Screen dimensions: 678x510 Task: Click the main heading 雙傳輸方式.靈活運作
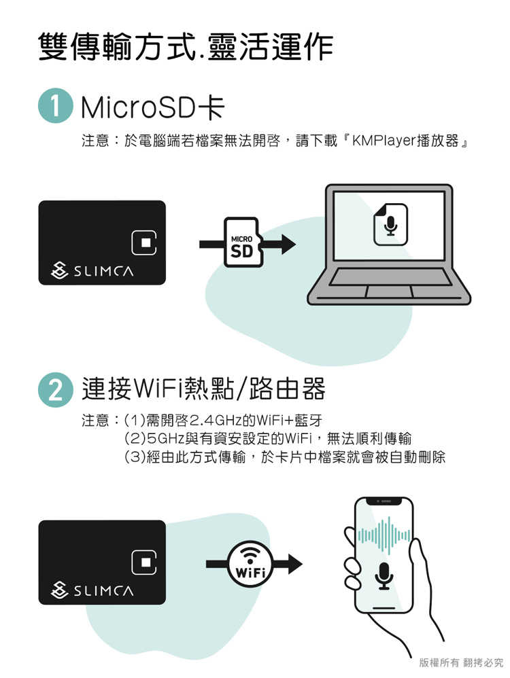pos(185,46)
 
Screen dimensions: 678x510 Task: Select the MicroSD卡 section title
pos(151,109)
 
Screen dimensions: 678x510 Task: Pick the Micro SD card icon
pos(242,243)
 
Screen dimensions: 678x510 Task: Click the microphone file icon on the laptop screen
pos(390,224)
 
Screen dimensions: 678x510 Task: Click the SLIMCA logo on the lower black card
pos(92,590)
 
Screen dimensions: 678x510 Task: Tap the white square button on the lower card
pos(145,561)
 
